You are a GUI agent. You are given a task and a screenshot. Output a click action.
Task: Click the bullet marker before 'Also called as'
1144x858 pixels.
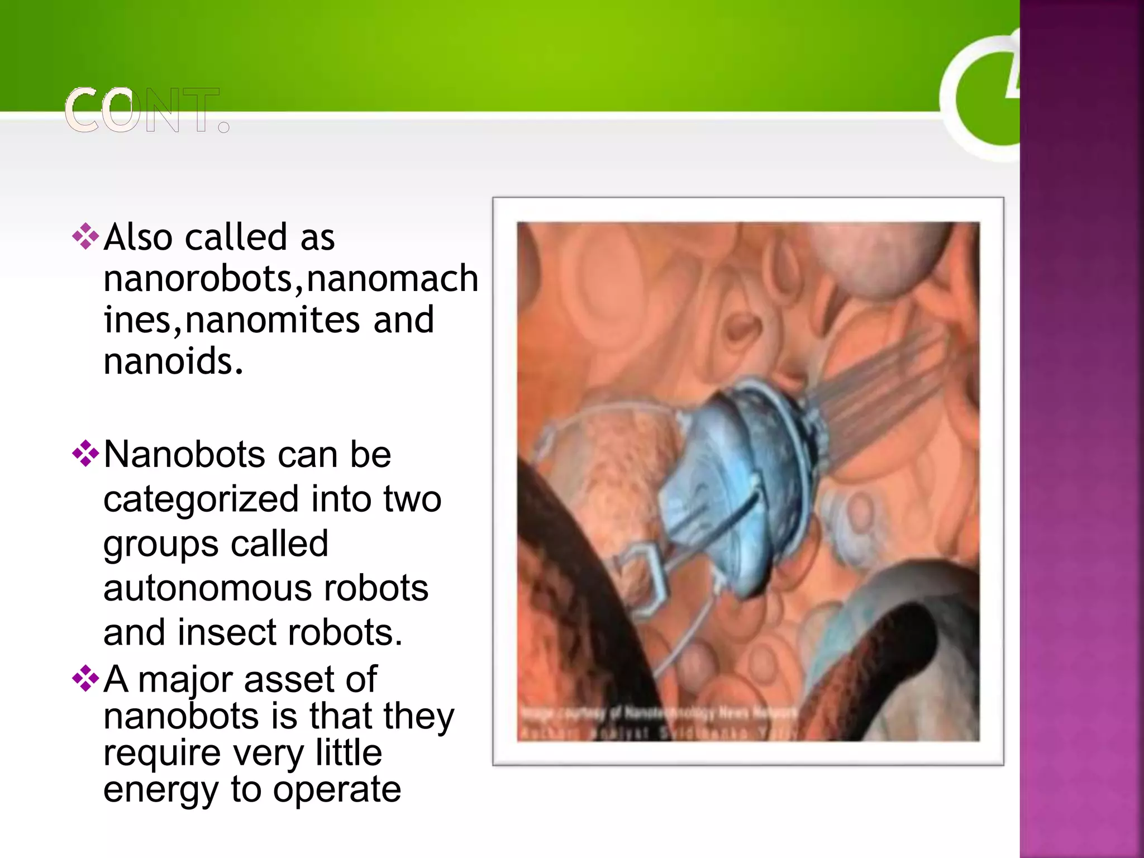pos(85,236)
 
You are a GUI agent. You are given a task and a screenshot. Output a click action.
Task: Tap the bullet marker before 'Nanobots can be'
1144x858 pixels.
pos(85,453)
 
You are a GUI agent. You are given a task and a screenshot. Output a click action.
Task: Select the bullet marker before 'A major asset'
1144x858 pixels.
pos(85,678)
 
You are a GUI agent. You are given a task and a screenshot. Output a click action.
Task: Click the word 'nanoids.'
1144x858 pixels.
pos(174,361)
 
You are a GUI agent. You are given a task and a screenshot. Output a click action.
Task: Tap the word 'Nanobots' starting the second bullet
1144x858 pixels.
pos(184,454)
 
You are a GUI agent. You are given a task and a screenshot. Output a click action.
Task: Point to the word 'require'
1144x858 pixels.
pos(162,753)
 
